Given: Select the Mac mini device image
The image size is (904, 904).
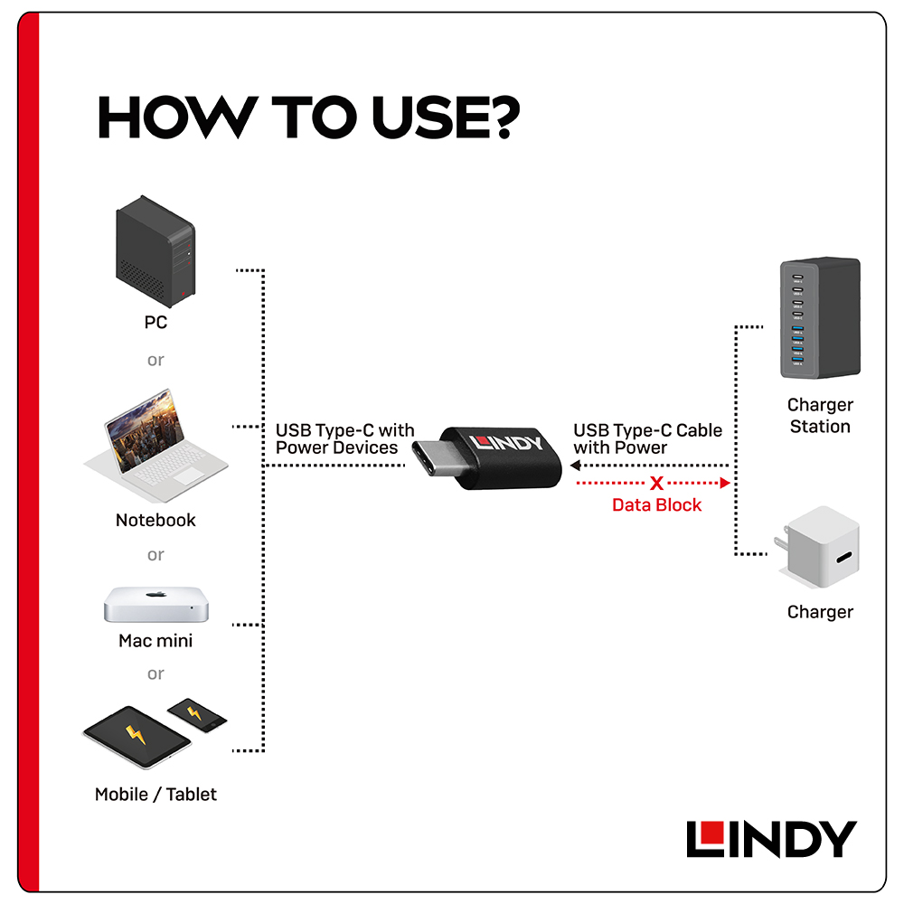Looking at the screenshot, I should tap(155, 604).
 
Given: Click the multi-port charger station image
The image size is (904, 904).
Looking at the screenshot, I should tap(819, 318).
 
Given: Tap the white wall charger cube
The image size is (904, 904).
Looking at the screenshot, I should tap(821, 547).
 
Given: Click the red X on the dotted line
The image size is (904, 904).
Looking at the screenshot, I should tap(656, 484).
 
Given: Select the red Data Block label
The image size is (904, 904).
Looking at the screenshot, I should tap(656, 505).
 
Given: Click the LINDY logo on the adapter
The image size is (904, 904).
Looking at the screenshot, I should tap(506, 445).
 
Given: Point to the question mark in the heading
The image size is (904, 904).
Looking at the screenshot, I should tap(504, 117).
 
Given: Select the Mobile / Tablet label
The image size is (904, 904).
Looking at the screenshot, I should tap(155, 795).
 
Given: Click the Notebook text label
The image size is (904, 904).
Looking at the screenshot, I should tap(155, 520).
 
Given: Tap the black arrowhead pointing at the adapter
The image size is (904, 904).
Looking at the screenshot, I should tap(574, 466).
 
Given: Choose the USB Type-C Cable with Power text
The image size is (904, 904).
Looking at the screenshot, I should tap(647, 438).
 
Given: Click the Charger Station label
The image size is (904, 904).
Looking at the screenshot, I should tap(820, 416).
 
